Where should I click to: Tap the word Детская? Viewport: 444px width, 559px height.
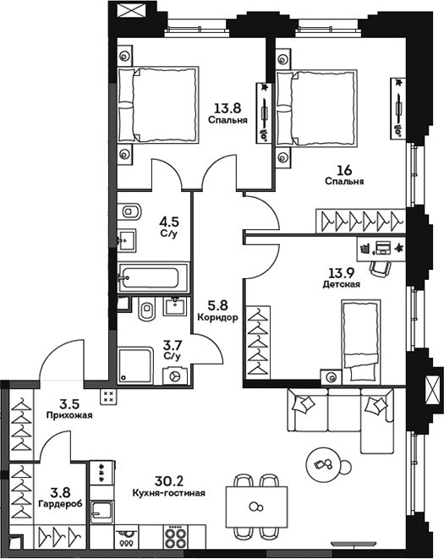tap(345, 284)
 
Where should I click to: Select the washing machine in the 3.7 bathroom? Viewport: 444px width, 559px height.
tap(173, 377)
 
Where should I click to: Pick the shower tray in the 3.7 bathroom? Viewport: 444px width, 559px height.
tap(134, 365)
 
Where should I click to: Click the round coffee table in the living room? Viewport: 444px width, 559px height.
tap(326, 462)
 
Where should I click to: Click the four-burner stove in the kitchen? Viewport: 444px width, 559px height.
tap(175, 539)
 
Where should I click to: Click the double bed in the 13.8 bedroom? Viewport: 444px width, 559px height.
tap(158, 106)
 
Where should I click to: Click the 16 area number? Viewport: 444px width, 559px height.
tap(344, 167)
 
